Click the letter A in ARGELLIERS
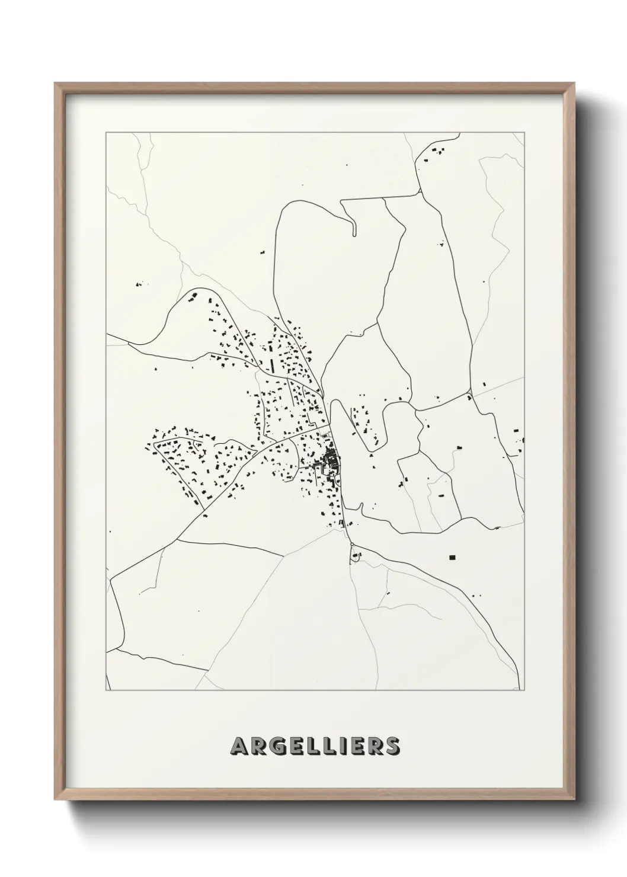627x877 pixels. tap(239, 747)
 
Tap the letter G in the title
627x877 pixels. tap(279, 747)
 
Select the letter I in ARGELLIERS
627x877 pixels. tap(346, 747)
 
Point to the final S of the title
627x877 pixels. tap(392, 747)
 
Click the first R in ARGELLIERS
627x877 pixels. tap(258, 747)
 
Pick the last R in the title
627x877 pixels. tap(375, 747)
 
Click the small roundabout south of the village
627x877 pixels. tap(351, 545)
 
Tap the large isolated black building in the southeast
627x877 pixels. tap(453, 557)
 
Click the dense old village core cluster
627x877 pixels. tap(330, 460)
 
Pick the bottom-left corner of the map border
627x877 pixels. tap(106, 690)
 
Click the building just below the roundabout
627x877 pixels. tap(356, 556)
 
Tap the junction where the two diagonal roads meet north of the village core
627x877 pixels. tap(322, 392)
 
